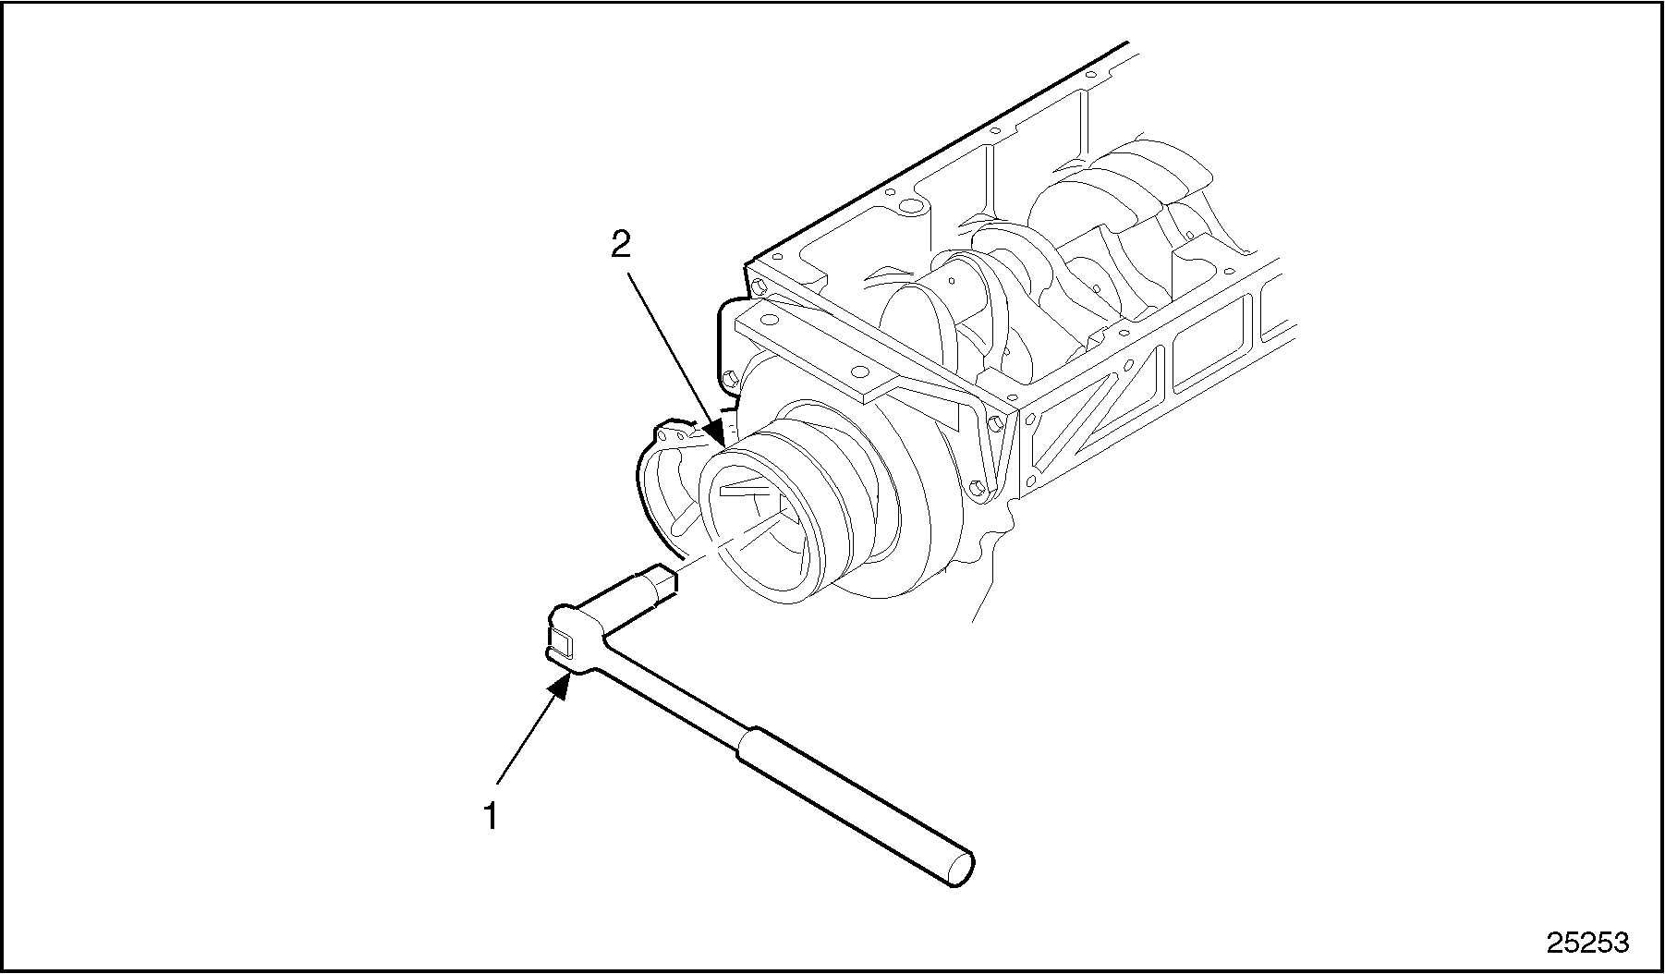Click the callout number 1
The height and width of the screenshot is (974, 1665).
pyautogui.click(x=492, y=816)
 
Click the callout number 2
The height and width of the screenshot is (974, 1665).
pyautogui.click(x=620, y=244)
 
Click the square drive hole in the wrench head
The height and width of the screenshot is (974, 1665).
pyautogui.click(x=561, y=639)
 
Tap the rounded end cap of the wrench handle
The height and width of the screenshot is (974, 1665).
pyautogui.click(x=961, y=870)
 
